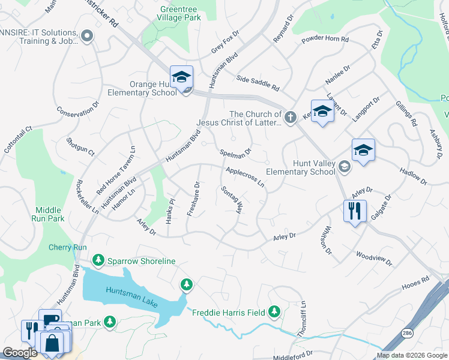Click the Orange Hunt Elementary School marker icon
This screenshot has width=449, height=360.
coord(181,77)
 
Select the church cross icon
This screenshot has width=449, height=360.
coord(291,117)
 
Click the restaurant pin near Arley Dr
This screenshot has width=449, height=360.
coord(355,211)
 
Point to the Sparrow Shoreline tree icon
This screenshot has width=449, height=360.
coord(98,261)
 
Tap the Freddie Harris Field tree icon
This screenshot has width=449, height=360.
coord(274,311)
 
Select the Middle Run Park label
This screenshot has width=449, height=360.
coord(49,214)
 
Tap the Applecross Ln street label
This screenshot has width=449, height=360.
coord(245,177)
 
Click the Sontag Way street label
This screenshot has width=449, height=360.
coord(231,200)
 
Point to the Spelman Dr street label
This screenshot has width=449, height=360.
coord(235,155)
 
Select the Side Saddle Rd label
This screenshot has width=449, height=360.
coord(258,83)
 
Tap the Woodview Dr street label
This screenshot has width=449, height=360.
coord(373,259)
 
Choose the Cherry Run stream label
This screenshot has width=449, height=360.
coord(68,247)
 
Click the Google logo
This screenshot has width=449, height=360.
coord(20,353)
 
